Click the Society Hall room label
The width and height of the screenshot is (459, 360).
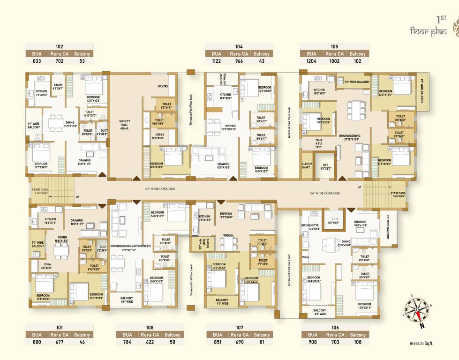point(125,124)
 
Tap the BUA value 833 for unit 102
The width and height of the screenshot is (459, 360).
point(36,61)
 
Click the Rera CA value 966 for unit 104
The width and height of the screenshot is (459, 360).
point(239,61)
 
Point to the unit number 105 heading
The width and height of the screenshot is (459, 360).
point(334,46)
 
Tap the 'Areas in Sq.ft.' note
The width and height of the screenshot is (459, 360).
point(421,343)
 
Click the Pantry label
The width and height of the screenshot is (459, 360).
point(163,86)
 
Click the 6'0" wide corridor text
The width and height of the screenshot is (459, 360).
point(160,188)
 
